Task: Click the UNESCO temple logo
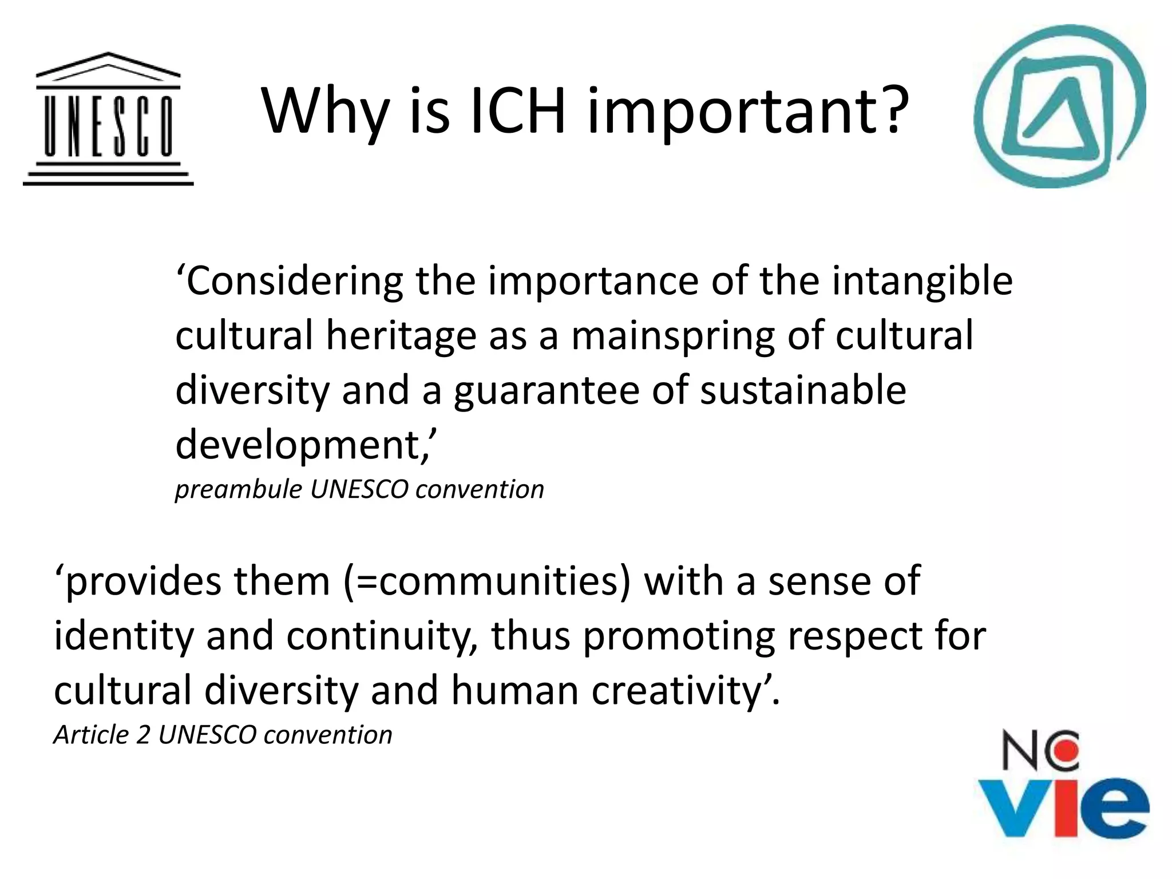click(x=108, y=119)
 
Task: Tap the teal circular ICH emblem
click(x=1059, y=106)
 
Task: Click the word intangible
click(x=922, y=282)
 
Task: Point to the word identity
click(x=124, y=637)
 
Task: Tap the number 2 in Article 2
click(x=143, y=735)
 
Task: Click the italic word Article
click(x=92, y=735)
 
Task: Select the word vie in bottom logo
click(x=1063, y=806)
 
